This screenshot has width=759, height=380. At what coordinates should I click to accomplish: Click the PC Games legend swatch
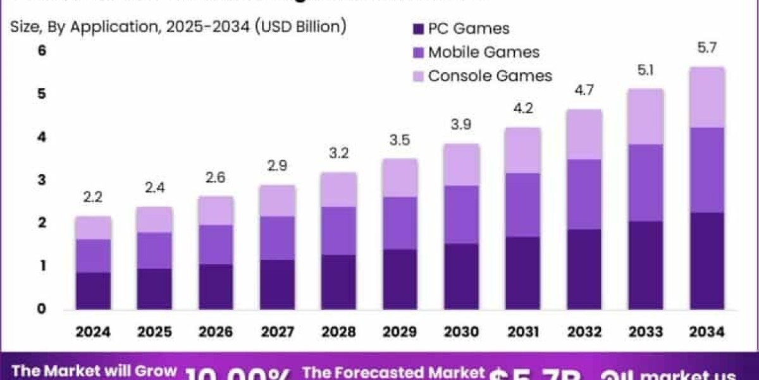click(417, 29)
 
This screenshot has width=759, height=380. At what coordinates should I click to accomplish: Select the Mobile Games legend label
click(484, 52)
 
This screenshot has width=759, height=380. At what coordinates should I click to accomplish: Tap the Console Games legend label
click(490, 76)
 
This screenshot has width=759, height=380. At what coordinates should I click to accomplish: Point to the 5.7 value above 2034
click(707, 48)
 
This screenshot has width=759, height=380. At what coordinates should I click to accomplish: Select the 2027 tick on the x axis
click(278, 332)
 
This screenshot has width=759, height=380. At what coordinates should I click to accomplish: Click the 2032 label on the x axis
click(584, 332)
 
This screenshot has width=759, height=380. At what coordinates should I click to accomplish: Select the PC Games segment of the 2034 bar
click(707, 261)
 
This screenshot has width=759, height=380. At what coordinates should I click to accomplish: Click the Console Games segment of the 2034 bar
click(707, 97)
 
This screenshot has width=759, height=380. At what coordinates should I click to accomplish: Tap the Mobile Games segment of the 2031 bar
click(523, 205)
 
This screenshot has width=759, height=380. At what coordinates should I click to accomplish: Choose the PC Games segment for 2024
click(93, 291)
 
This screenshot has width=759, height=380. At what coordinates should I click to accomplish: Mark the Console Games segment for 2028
click(339, 189)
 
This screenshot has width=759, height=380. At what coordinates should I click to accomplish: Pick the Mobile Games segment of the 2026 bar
click(216, 244)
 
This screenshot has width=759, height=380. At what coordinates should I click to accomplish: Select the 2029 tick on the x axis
click(400, 332)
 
